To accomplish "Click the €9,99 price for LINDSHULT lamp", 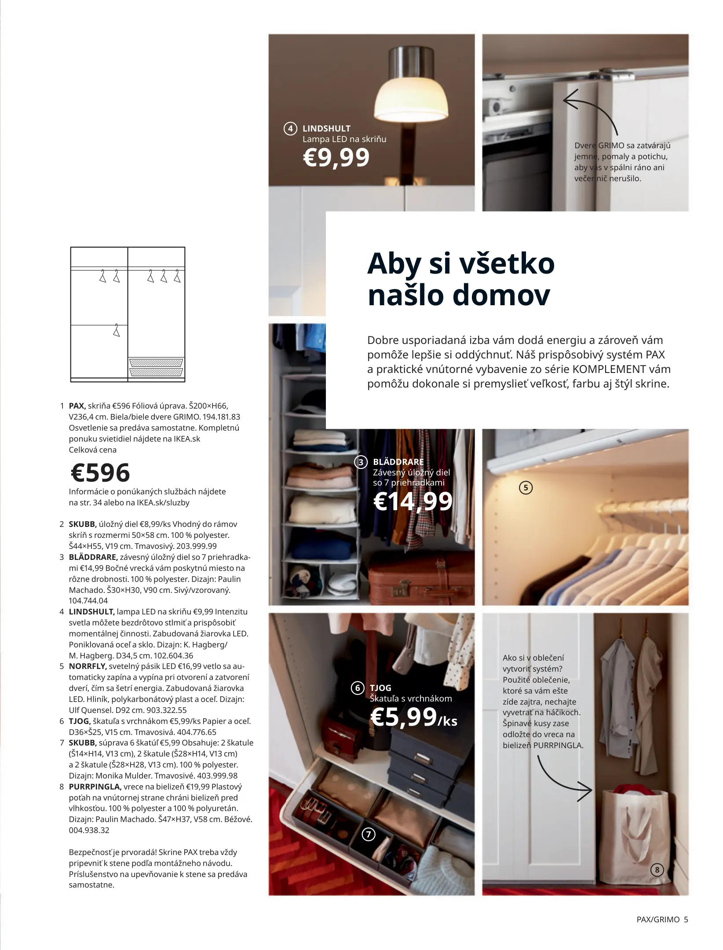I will pos(336,157).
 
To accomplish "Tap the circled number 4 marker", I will pos(290,129).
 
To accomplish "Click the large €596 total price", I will pos(100,473).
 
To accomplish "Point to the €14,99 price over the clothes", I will pos(413,501).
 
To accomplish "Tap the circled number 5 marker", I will pos(526,487).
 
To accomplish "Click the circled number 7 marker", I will pos(368,834).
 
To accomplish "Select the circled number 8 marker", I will pos(657,870).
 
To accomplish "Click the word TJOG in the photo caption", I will pos(380,688).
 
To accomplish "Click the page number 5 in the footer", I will pos(686,919).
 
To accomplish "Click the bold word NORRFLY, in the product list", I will pos(88,666).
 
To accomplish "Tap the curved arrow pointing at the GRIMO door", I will pos(592,112).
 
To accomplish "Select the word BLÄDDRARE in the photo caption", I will pos(398,462).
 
